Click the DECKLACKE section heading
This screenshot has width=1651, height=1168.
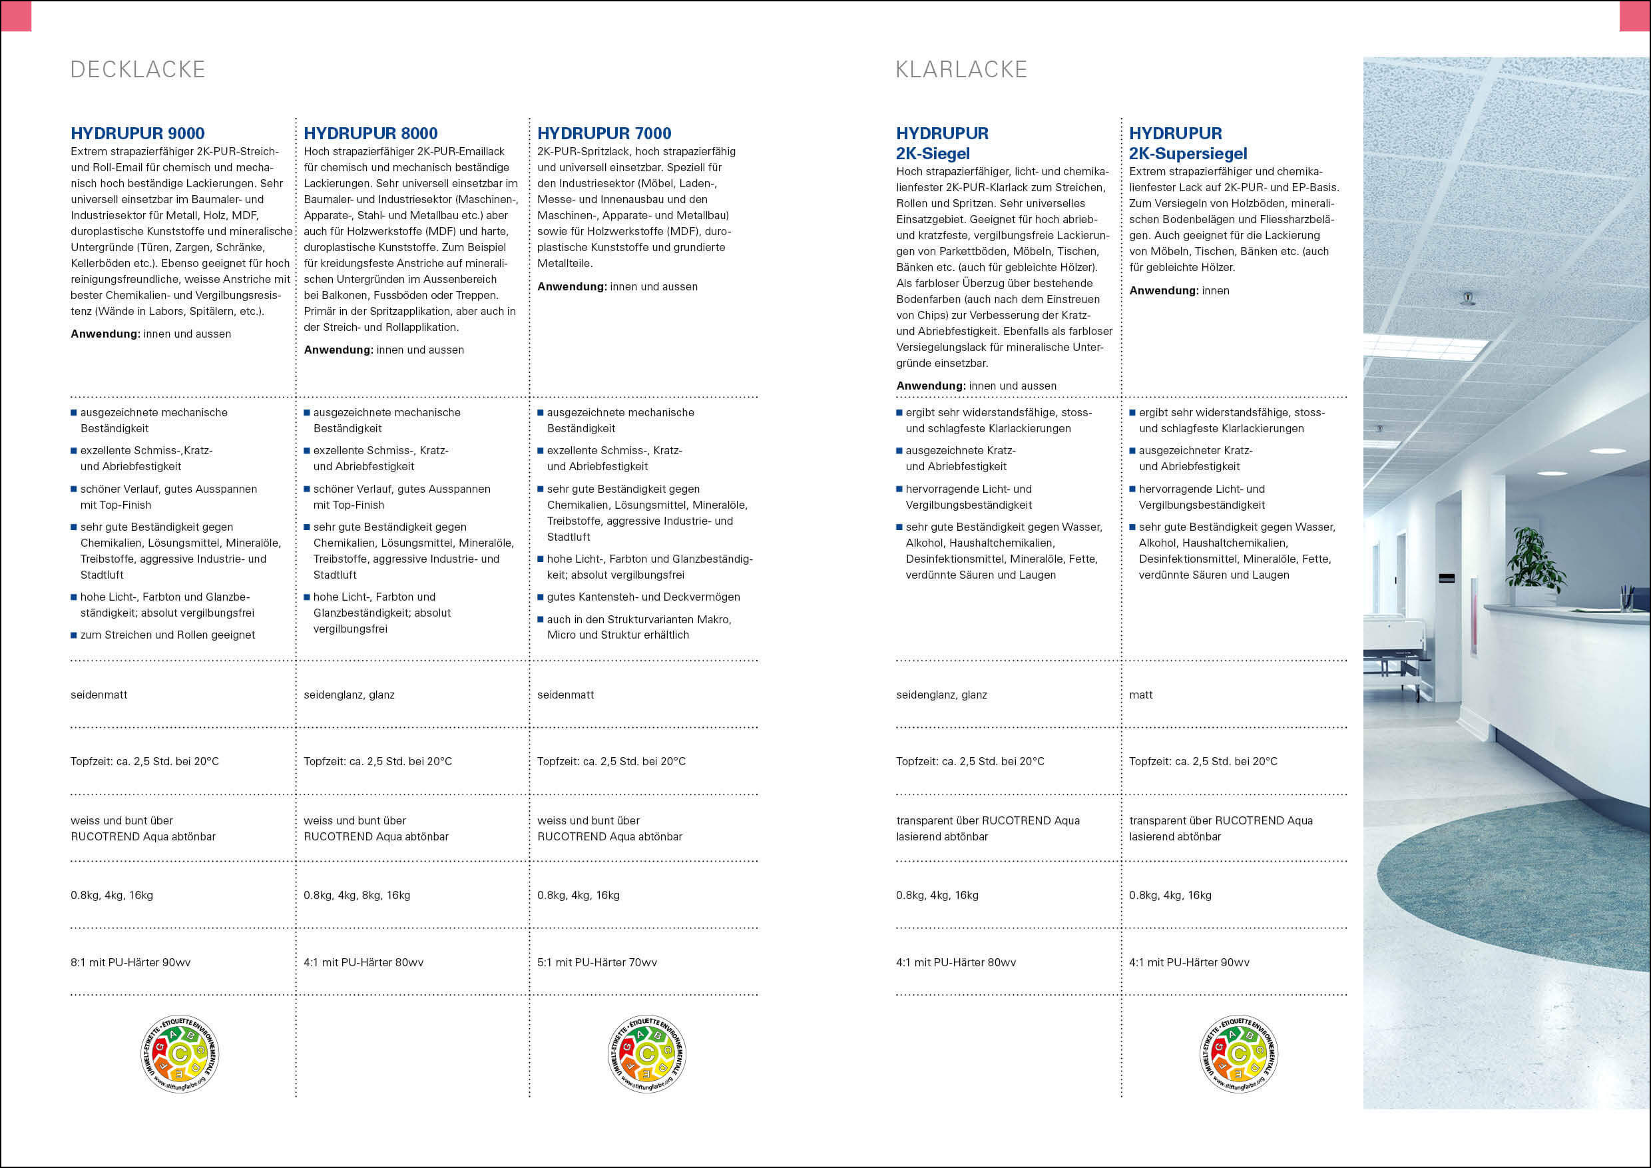pos(138,70)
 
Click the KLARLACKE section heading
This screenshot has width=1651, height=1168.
pos(961,70)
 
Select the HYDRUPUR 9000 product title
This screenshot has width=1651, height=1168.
pos(137,133)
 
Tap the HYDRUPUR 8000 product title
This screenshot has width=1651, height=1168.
pos(370,133)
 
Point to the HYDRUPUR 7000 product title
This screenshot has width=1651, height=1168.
pos(604,133)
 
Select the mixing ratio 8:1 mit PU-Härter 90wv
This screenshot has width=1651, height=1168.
pos(131,962)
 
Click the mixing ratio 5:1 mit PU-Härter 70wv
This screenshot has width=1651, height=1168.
pos(597,962)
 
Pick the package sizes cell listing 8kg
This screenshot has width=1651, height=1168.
pos(357,896)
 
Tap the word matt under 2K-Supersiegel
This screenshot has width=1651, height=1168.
pos(1140,695)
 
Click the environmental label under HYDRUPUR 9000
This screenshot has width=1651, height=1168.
pos(180,1054)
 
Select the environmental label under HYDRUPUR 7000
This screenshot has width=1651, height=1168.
pos(646,1054)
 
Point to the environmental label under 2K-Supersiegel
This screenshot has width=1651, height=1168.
pos(1239,1054)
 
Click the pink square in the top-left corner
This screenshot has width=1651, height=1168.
pos(16,16)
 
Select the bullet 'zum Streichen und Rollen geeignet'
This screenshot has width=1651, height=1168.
pos(168,635)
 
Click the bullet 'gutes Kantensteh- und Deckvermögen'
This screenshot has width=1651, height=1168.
pos(643,597)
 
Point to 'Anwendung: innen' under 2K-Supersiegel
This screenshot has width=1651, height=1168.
pos(1179,290)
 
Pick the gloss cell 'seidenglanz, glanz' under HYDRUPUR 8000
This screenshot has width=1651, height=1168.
pos(349,695)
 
